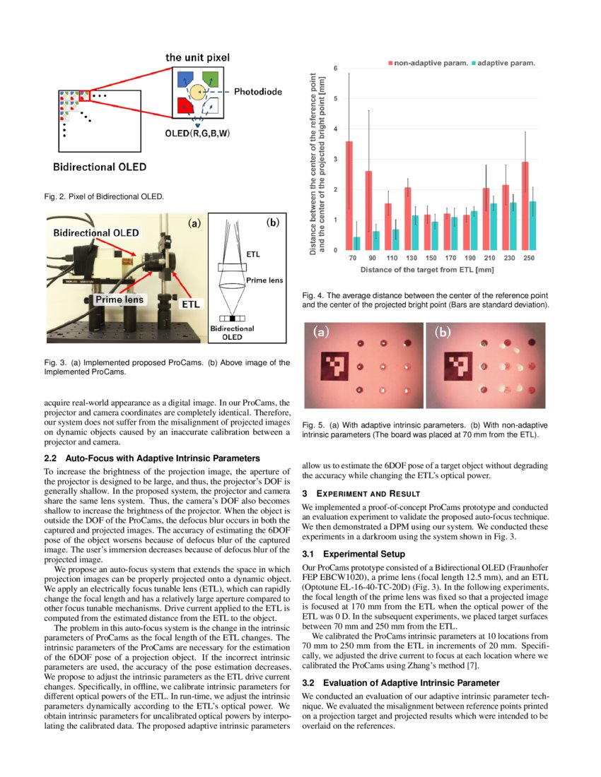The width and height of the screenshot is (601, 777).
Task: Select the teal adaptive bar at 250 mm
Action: pyautogui.click(x=532, y=225)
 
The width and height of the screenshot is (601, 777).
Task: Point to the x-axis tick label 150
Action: pyautogui.click(x=431, y=259)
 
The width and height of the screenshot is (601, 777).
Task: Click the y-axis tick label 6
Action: pyautogui.click(x=336, y=68)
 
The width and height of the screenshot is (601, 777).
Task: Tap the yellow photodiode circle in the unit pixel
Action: pyautogui.click(x=197, y=93)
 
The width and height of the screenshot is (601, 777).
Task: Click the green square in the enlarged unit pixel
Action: pyautogui.click(x=211, y=78)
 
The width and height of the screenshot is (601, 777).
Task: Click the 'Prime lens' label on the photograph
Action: pyautogui.click(x=119, y=299)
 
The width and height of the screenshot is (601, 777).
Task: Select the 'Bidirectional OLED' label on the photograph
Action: pyautogui.click(x=95, y=233)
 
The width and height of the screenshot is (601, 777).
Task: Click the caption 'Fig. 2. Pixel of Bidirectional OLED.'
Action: pyautogui.click(x=104, y=196)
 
